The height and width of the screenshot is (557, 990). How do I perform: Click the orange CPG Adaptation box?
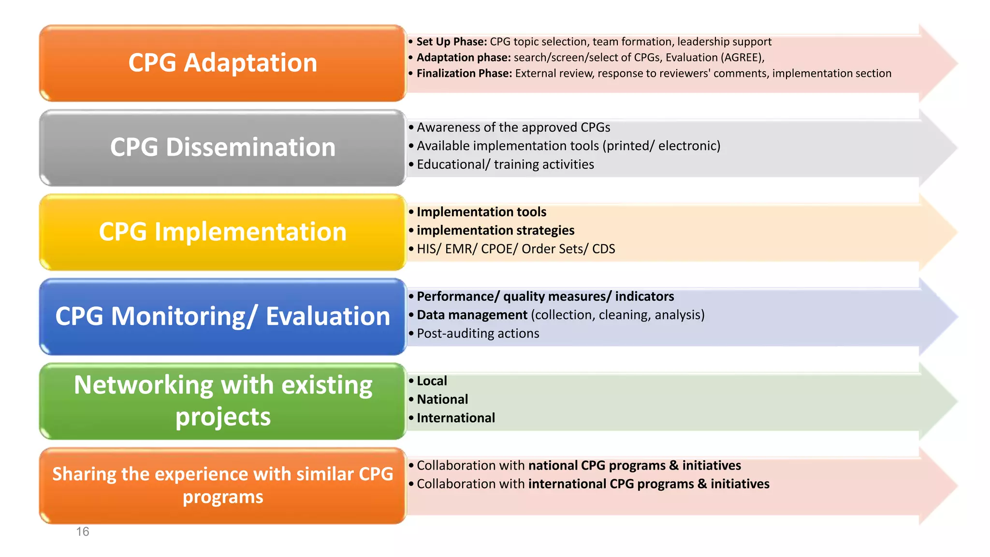coord(222,63)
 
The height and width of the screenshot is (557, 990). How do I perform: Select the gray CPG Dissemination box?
coord(222,147)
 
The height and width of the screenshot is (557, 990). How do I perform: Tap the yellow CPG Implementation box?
coord(222,232)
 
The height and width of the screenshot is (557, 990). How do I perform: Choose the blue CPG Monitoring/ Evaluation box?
coord(222,317)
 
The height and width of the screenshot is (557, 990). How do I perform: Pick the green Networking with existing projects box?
coord(222,401)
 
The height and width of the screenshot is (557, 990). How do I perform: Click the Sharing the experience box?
coord(222,485)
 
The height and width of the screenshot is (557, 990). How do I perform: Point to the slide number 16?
coord(83,532)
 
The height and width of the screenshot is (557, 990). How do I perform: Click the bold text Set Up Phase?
coord(451,42)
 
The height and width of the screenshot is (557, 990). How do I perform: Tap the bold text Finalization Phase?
coord(464,73)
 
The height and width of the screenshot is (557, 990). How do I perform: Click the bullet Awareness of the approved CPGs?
coord(513,127)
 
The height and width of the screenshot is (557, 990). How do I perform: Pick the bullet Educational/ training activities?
coord(505,164)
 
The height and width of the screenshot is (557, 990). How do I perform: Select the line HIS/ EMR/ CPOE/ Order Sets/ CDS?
coord(515,249)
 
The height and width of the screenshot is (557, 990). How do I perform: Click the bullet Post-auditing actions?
coord(478,334)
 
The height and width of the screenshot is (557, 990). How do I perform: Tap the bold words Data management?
coord(472,315)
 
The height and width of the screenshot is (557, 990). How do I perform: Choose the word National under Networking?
coord(442,399)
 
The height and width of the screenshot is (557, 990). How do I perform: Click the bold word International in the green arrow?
coord(455,418)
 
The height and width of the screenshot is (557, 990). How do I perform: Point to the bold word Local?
coord(432,381)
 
